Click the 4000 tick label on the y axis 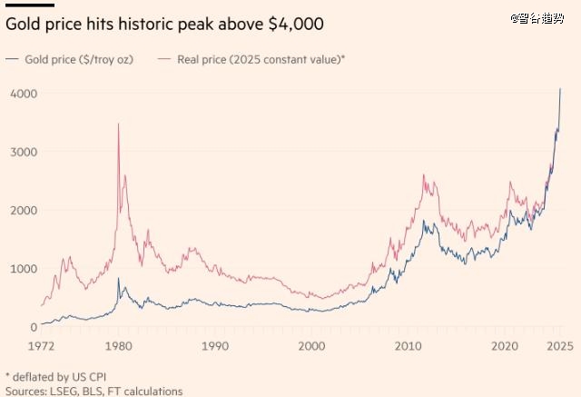[23, 94]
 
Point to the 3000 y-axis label [23, 152]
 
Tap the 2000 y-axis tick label [23, 210]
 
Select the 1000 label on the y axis [23, 269]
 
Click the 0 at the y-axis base [33, 327]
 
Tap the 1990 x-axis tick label [214, 346]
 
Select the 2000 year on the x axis [311, 346]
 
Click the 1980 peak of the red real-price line [119, 124]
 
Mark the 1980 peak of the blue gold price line [119, 279]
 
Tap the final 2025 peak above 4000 [560, 89]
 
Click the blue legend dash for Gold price [13, 59]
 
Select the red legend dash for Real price [165, 59]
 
